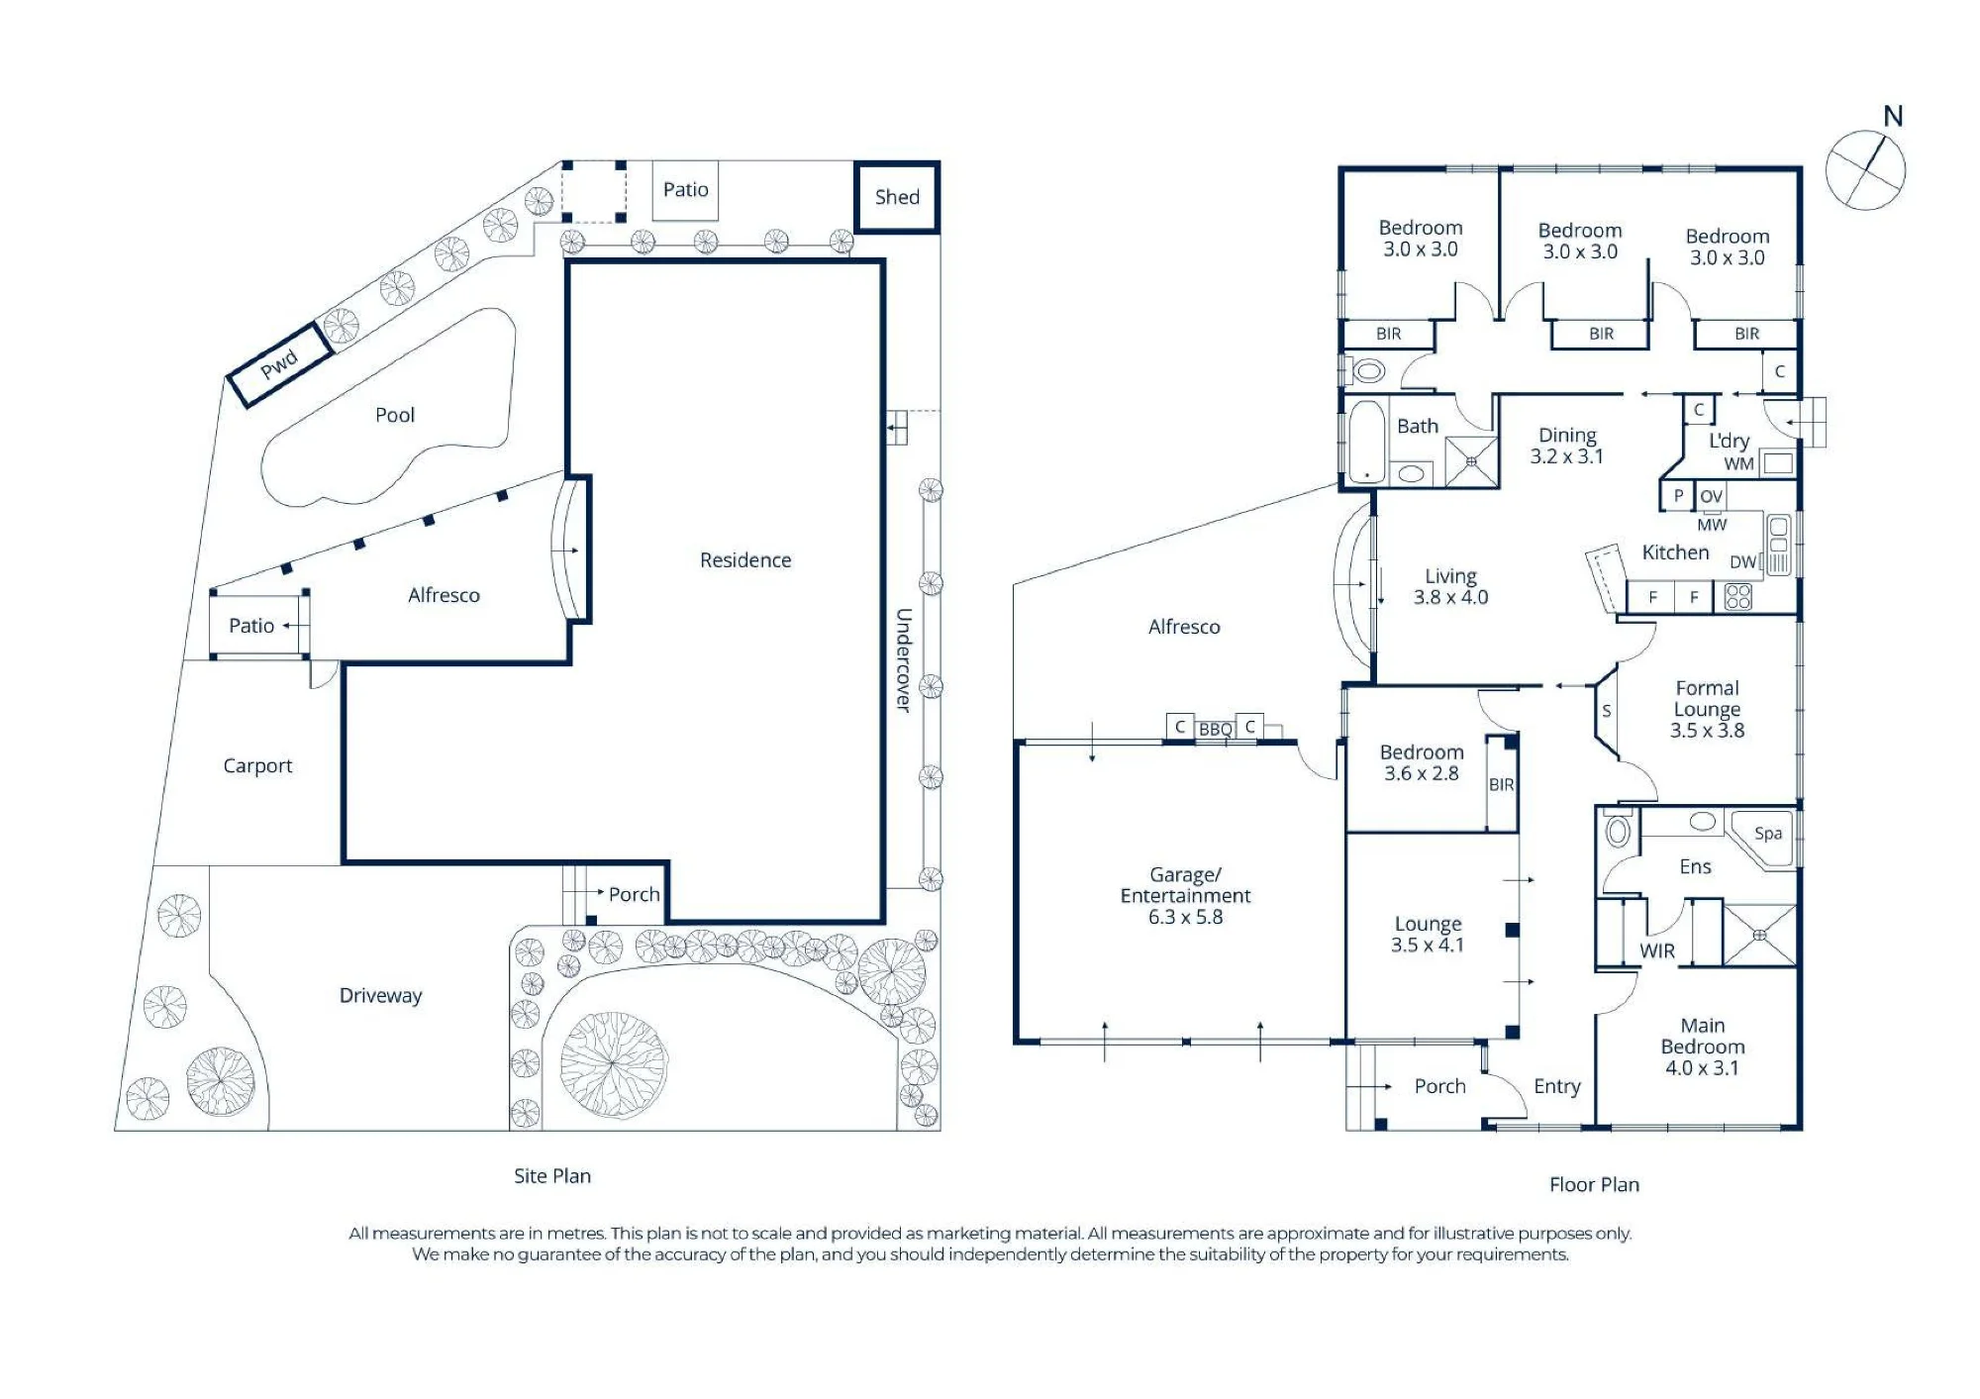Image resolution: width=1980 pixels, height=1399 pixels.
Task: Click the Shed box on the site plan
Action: click(x=897, y=197)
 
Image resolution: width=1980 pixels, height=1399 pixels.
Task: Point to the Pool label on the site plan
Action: click(x=395, y=415)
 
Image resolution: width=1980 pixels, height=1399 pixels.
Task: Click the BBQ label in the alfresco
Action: click(x=1216, y=730)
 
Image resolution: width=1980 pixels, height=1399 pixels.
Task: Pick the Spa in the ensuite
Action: click(x=1768, y=834)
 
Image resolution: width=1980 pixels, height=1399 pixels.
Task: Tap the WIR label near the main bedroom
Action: click(x=1657, y=950)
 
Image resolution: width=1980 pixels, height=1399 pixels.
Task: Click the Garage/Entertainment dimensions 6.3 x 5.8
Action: click(x=1185, y=917)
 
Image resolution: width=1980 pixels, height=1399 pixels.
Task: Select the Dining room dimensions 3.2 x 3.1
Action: click(x=1566, y=456)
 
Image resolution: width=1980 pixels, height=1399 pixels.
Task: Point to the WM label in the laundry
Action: click(x=1738, y=463)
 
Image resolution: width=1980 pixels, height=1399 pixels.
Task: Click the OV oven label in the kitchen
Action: click(x=1711, y=496)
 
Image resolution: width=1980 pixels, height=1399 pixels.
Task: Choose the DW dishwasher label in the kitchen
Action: click(x=1742, y=562)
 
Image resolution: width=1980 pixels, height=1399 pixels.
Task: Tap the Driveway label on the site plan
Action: click(x=381, y=995)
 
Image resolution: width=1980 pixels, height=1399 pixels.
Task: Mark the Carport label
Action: click(x=257, y=765)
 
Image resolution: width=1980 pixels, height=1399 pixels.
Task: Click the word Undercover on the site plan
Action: click(x=903, y=660)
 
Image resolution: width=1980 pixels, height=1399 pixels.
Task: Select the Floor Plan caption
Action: click(x=1594, y=1184)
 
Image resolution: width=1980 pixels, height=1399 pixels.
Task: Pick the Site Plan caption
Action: click(x=552, y=1175)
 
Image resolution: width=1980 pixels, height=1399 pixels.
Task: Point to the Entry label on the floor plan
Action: click(x=1557, y=1086)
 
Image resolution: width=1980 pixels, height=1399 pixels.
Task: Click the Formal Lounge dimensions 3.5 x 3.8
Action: click(x=1707, y=731)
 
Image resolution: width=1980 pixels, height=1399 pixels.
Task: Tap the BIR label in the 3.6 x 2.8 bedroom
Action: click(x=1501, y=784)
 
